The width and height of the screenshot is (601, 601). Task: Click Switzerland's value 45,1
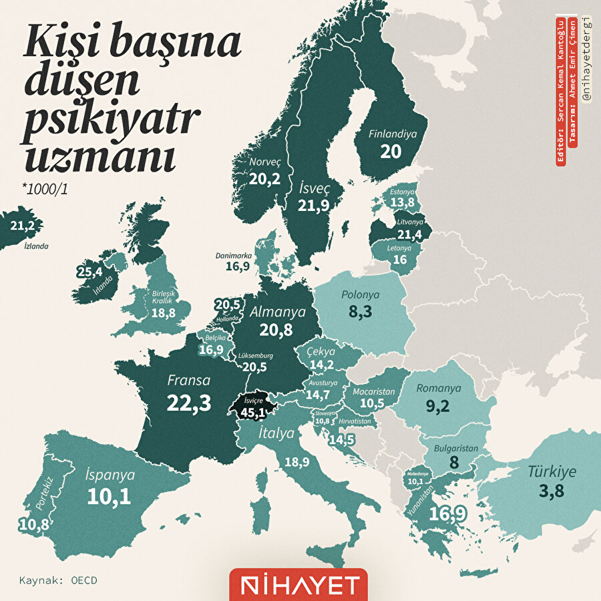(253, 413)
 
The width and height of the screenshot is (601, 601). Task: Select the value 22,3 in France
(189, 403)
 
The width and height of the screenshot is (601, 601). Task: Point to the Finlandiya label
(392, 134)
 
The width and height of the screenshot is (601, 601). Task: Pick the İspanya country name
(110, 475)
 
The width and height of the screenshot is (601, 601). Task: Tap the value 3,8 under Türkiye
(552, 492)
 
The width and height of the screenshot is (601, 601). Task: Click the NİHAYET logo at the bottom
(298, 585)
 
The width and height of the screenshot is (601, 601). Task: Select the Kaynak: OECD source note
(58, 580)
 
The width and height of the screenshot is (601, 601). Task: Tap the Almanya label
(278, 312)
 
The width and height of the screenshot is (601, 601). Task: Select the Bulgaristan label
(455, 449)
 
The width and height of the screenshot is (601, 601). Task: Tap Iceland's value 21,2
(23, 226)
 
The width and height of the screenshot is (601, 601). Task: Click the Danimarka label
(234, 255)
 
